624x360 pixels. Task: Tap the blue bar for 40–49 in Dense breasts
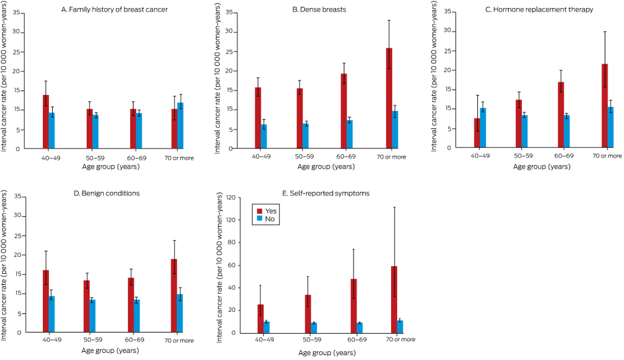pos(264,137)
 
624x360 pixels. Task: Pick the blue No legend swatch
pos(259,219)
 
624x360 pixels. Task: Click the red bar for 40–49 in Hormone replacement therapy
pos(477,133)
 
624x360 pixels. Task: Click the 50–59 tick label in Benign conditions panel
pos(93,341)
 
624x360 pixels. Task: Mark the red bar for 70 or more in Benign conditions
pos(174,296)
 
